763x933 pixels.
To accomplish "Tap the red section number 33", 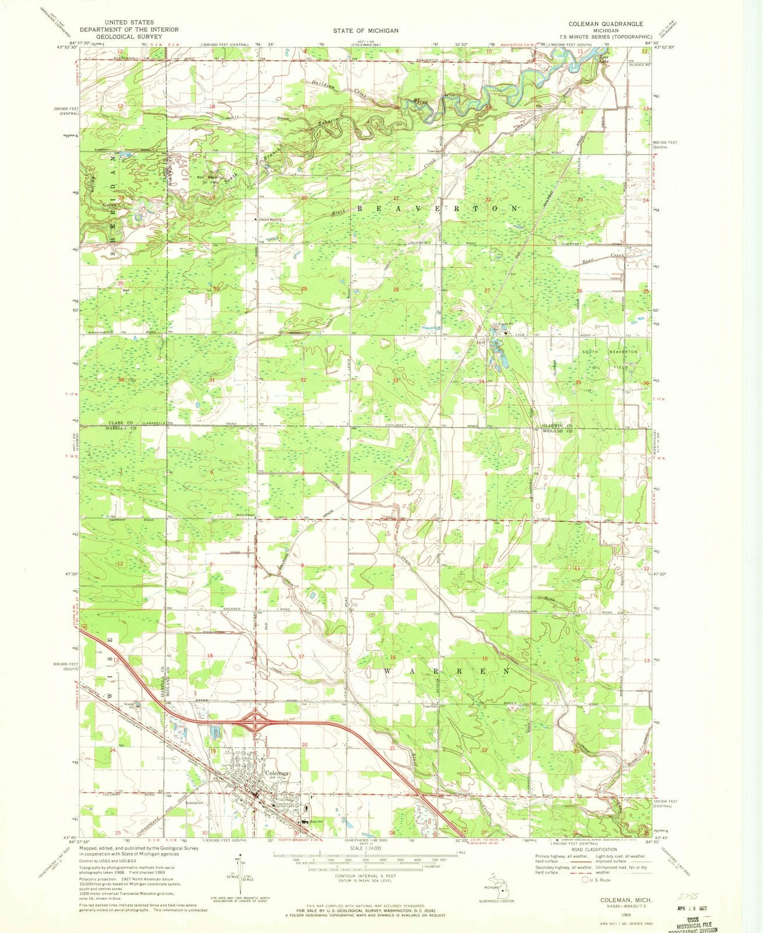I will coord(395,381).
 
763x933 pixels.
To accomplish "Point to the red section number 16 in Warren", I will coord(393,657).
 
